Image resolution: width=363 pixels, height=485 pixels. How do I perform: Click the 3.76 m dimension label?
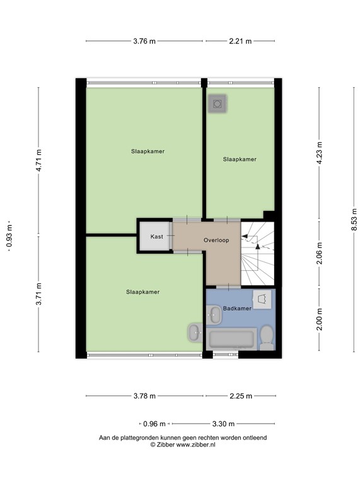coord(144,42)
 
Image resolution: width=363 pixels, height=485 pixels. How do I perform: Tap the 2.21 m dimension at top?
coord(240,42)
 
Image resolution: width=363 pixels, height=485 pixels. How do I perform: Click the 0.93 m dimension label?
coord(9,235)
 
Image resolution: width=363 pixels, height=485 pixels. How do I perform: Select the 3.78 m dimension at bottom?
coord(144,396)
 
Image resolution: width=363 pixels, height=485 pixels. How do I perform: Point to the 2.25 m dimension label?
coord(240,396)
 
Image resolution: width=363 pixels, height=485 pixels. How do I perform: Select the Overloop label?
coord(216,241)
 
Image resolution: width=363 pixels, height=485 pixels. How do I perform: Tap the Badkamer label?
coord(237,309)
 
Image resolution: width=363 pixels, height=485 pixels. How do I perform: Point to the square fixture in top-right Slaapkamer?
coord(218,104)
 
